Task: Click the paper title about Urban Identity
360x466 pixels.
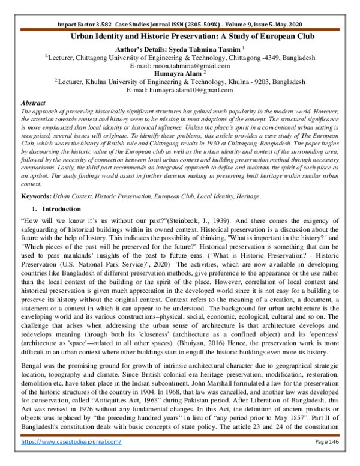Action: coord(179,37)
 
